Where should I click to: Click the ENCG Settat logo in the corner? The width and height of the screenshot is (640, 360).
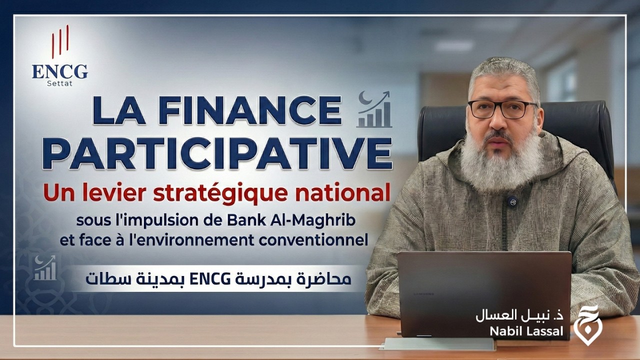(59, 57)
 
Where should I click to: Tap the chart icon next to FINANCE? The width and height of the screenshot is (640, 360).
(374, 109)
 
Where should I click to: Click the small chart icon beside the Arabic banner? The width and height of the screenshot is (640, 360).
(45, 268)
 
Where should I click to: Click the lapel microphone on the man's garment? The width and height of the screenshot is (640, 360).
(510, 201)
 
